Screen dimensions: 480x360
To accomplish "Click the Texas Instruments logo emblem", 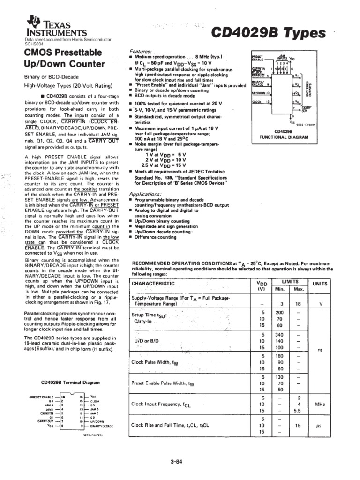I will [34, 21].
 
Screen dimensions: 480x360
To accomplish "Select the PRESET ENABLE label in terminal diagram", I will [41, 397].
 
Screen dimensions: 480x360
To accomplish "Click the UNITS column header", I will [321, 284].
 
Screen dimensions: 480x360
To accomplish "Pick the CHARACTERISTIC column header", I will [153, 284].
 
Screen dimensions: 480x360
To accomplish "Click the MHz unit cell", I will [321, 404].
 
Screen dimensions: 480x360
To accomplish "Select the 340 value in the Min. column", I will [279, 335].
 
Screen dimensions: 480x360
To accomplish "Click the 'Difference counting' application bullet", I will [155, 237].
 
